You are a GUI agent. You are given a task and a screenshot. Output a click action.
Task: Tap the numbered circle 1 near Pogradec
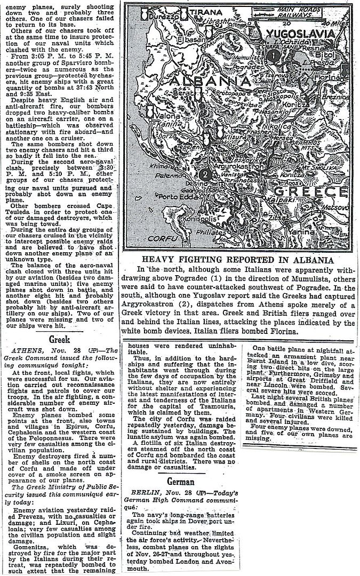(x=273, y=55)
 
